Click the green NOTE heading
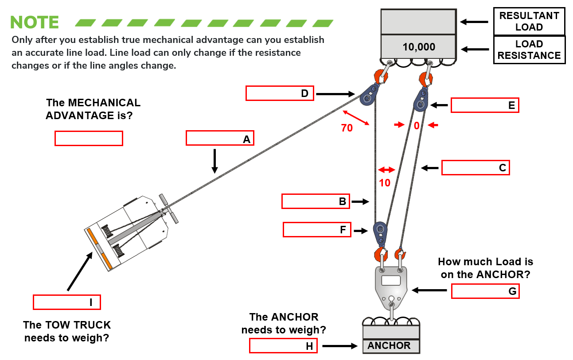click(35, 22)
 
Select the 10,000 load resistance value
click(419, 47)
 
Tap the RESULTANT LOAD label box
click(529, 21)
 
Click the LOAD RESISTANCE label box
click(529, 50)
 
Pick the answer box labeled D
click(280, 93)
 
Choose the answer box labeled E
click(485, 105)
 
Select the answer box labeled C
click(476, 168)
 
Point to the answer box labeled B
click(316, 201)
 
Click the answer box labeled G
click(485, 291)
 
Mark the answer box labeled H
click(283, 346)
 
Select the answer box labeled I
click(66, 302)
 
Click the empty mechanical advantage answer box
click(89, 138)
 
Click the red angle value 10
click(385, 182)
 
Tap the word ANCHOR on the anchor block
click(389, 346)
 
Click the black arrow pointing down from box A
click(214, 161)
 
